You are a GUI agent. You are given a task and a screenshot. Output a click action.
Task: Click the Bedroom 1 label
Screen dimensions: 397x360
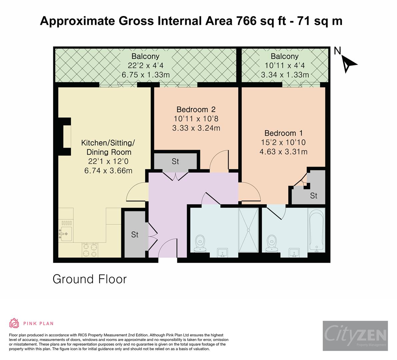click(x=284, y=133)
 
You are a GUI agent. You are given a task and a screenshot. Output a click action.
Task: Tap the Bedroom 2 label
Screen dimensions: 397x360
click(x=196, y=109)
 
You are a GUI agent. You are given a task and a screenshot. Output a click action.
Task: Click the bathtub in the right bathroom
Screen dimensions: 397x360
click(x=316, y=230)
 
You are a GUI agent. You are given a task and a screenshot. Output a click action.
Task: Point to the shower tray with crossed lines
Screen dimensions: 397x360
click(x=248, y=230)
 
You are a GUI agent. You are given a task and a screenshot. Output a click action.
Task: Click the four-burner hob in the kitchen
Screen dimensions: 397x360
click(x=90, y=250)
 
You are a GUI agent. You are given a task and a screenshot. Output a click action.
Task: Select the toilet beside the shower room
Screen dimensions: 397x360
click(x=200, y=244)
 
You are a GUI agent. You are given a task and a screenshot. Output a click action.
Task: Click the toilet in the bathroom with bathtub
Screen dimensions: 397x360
click(x=272, y=244)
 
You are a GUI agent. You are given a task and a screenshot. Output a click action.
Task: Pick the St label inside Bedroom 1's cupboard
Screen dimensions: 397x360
click(x=313, y=195)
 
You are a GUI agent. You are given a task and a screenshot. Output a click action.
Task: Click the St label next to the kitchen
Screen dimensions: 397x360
click(x=135, y=235)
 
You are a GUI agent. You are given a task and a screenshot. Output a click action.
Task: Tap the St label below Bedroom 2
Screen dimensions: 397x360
click(x=175, y=161)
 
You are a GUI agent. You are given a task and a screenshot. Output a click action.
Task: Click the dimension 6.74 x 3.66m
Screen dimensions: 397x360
click(x=108, y=171)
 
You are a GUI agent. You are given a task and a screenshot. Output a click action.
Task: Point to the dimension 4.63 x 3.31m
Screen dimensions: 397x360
click(x=284, y=152)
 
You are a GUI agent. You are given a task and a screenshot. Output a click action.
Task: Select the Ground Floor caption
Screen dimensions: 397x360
click(x=90, y=279)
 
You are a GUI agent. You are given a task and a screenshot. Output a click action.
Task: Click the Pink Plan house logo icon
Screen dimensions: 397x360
click(x=14, y=323)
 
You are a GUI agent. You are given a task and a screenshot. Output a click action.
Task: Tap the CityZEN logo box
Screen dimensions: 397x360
click(x=355, y=336)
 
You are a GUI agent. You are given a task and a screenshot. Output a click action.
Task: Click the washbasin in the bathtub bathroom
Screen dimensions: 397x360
click(x=294, y=253)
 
